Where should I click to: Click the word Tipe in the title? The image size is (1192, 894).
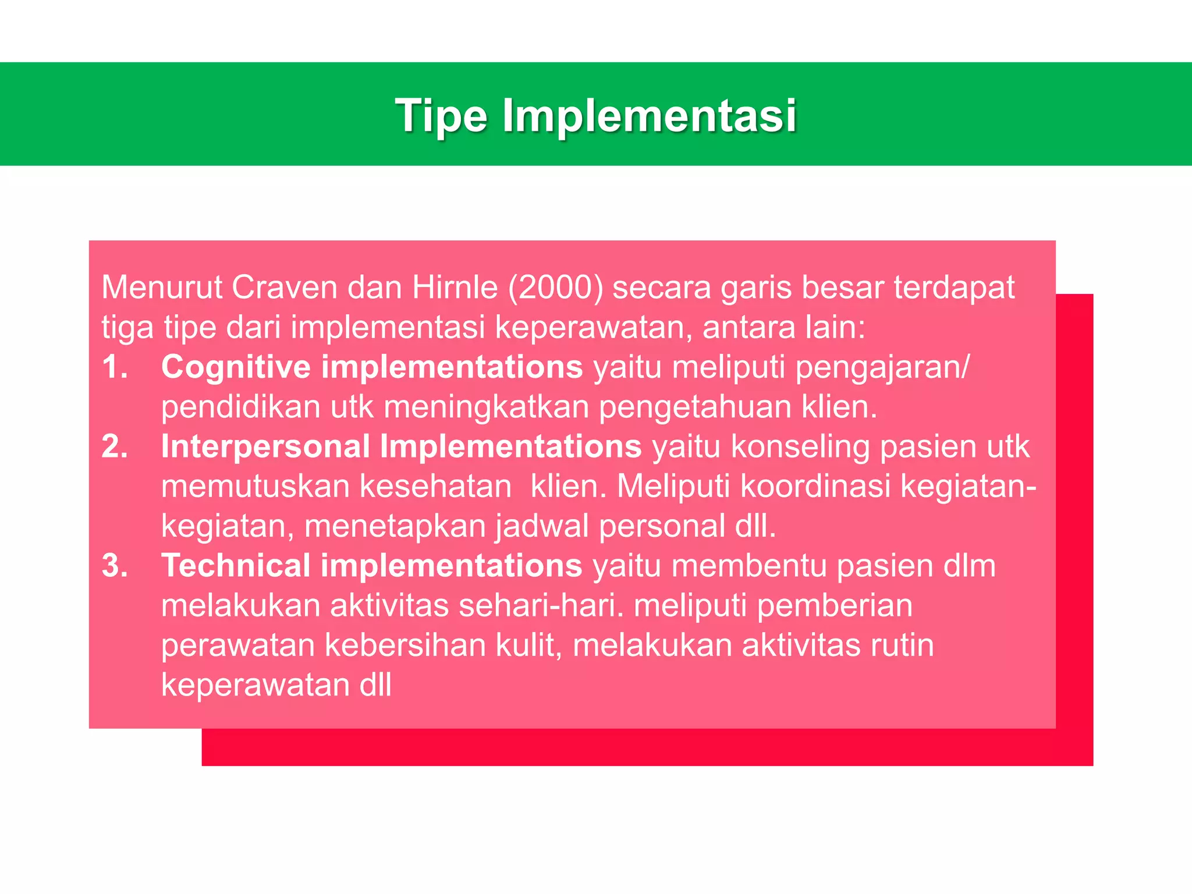point(441,115)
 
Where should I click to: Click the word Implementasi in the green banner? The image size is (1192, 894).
point(649,115)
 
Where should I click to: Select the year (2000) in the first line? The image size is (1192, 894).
point(556,288)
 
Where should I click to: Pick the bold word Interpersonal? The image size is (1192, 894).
point(265,446)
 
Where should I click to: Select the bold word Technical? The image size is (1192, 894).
point(236,566)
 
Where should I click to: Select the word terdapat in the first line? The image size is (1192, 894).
point(955,288)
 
